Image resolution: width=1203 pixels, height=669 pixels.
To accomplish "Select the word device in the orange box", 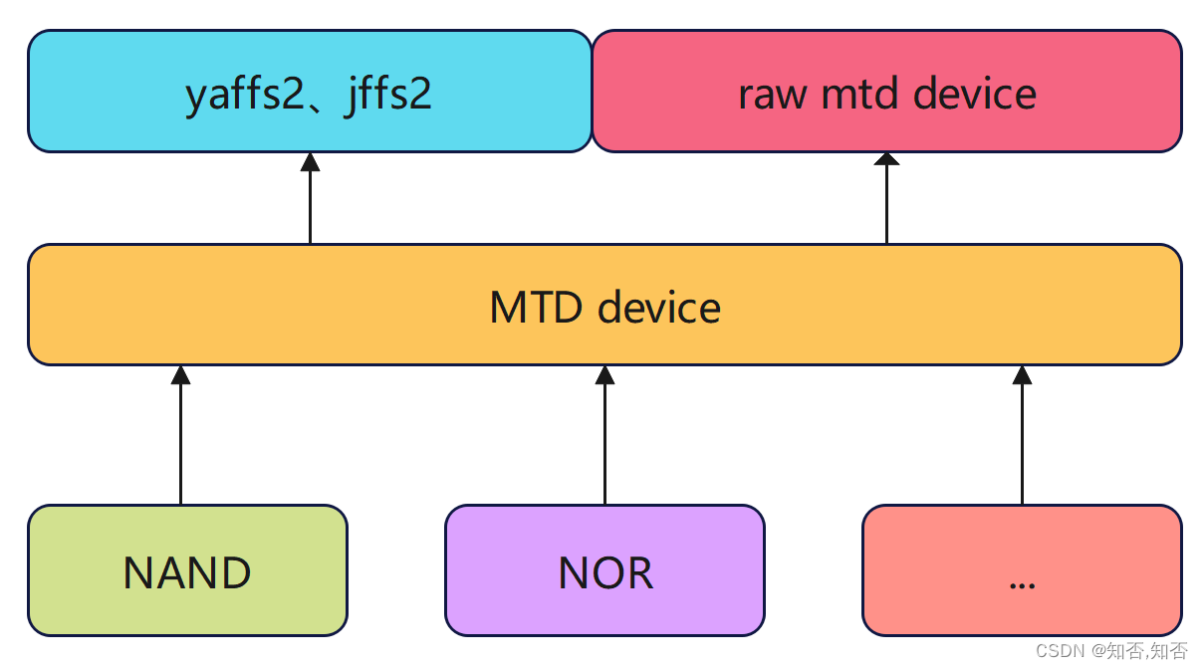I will tap(659, 307).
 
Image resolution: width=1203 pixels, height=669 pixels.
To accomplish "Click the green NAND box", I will tap(187, 570).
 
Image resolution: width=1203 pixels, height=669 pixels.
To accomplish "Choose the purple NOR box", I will tap(604, 570).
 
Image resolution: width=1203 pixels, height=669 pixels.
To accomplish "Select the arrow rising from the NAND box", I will tap(180, 438).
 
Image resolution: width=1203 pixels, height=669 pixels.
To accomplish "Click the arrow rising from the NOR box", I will tap(604, 438).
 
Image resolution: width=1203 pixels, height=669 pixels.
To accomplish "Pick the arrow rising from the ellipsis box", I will tap(1022, 438).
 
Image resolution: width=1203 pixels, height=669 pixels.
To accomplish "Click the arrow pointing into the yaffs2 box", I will tap(310, 204).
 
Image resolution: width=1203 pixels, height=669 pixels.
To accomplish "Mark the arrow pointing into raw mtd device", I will tap(886, 204).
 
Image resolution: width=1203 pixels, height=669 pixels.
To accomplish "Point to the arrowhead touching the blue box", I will tap(310, 162).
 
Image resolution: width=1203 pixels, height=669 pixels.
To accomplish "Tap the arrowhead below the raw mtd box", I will tap(886, 160).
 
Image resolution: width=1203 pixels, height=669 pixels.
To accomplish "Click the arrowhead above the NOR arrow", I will tap(604, 374).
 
